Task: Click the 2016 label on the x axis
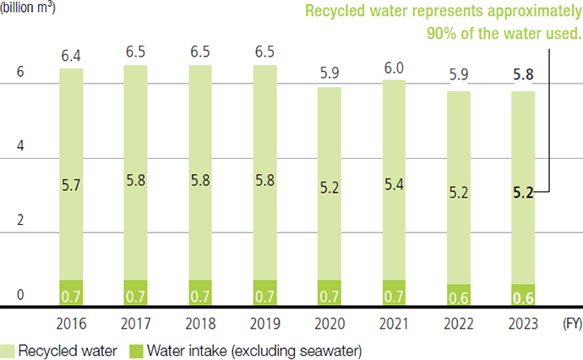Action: tap(72, 323)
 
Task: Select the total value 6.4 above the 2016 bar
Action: tap(72, 55)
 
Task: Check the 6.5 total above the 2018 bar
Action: tap(201, 52)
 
